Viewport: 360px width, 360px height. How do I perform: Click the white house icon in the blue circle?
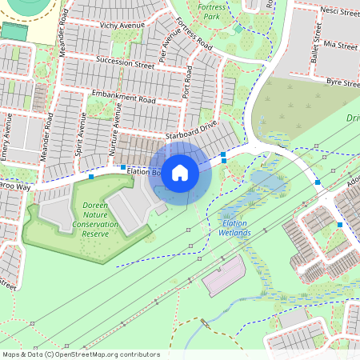coord(180,171)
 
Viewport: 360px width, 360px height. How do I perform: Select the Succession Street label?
coord(124,61)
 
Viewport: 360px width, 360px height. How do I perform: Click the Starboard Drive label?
coord(191,132)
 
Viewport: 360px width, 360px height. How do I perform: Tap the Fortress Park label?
coord(211,10)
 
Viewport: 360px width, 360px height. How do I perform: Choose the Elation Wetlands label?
coord(234,228)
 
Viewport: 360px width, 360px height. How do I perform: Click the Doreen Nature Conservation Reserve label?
coord(95,219)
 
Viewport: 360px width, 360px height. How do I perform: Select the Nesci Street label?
coord(336,12)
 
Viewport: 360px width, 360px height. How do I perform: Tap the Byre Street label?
coord(342,82)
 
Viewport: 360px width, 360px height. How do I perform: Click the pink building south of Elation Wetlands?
coord(224,276)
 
